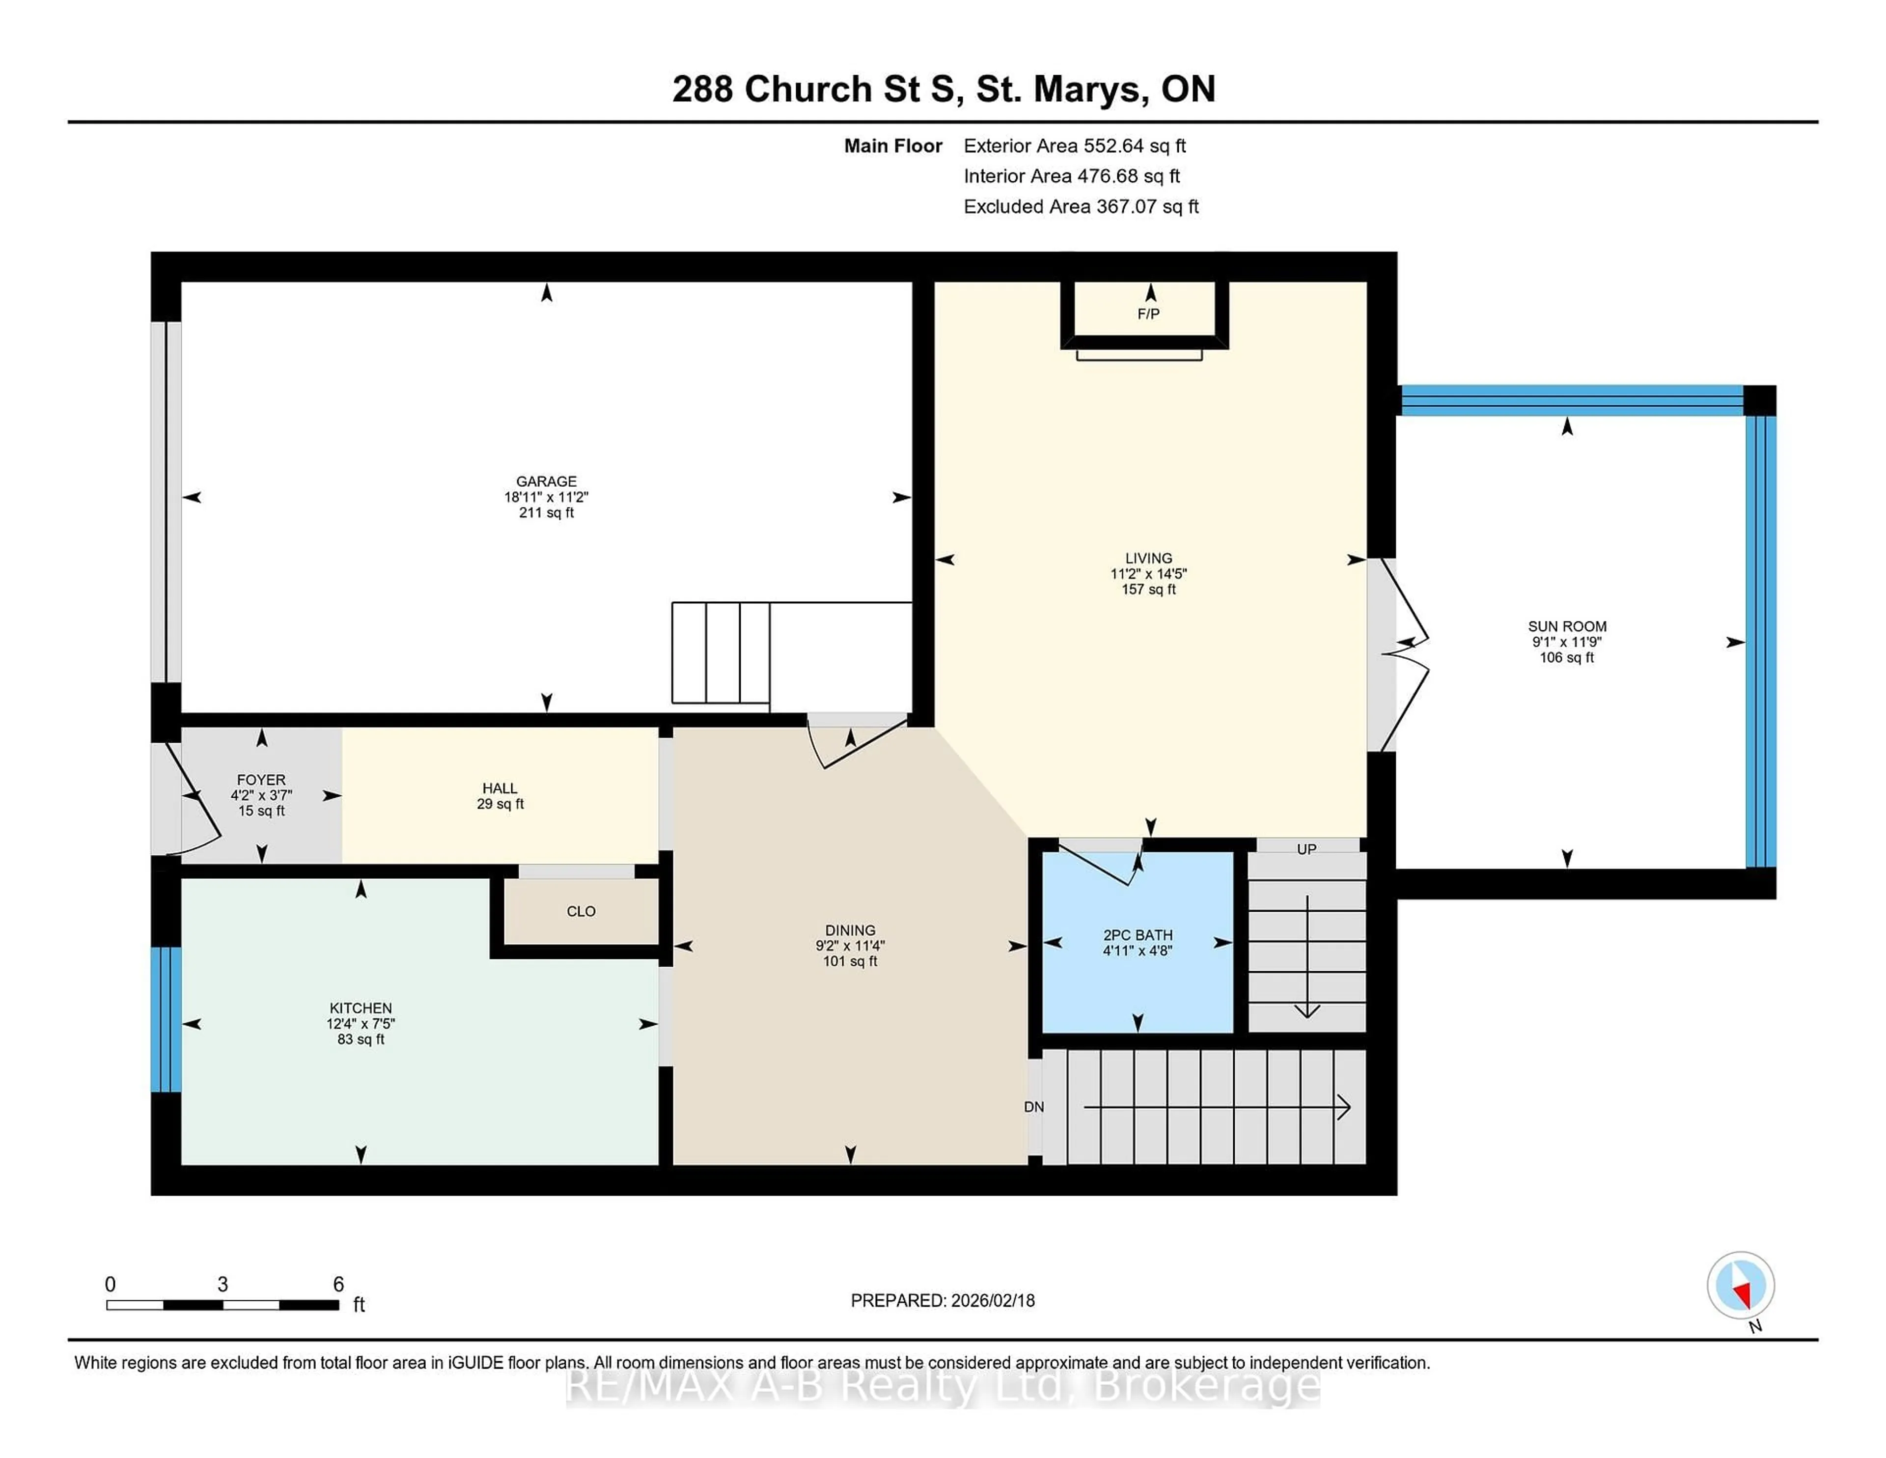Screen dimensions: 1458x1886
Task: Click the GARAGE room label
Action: [x=546, y=481]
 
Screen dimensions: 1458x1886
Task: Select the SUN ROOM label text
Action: [x=1566, y=626]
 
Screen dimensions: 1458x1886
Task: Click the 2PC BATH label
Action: [x=1137, y=934]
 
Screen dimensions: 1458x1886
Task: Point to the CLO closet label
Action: [x=581, y=911]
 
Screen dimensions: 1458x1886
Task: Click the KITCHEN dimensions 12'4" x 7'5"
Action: [x=360, y=1024]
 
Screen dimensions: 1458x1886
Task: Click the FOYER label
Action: [x=261, y=779]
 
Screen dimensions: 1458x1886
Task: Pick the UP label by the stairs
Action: [x=1305, y=849]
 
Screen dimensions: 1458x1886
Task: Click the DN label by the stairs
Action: [x=1034, y=1106]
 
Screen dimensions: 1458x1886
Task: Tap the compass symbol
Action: [x=1740, y=1285]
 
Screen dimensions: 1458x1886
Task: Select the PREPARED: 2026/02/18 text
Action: [x=942, y=1300]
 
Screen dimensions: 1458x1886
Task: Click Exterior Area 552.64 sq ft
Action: [x=1074, y=146]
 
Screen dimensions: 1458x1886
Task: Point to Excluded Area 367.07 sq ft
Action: [x=1081, y=206]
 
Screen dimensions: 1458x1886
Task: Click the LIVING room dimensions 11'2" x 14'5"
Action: [x=1148, y=574]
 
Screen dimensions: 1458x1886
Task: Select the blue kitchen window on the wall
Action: [x=166, y=1019]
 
